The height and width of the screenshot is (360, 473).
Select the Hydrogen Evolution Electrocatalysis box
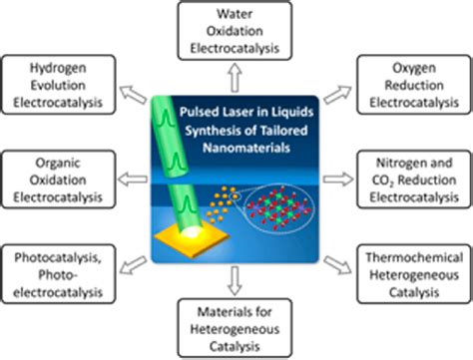tap(53, 83)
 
